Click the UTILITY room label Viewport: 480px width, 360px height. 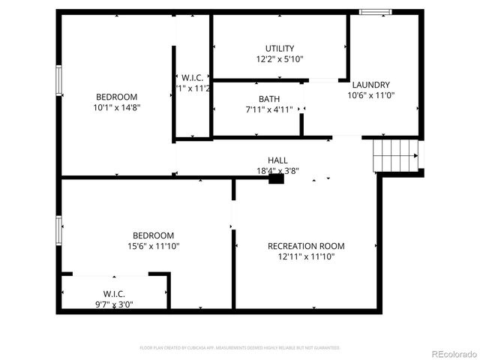click(x=280, y=49)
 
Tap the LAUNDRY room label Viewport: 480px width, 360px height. click(x=370, y=85)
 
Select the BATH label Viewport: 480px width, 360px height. click(x=269, y=99)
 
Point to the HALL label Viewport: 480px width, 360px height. click(x=277, y=160)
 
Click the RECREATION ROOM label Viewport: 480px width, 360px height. click(x=306, y=246)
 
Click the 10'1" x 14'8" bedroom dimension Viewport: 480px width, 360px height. click(x=116, y=107)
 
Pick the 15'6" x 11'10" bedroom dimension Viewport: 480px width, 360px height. click(x=154, y=246)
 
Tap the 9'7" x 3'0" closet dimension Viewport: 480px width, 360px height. click(x=114, y=304)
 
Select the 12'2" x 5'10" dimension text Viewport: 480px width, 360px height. click(x=280, y=58)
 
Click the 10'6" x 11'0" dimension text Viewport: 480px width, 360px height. click(x=370, y=95)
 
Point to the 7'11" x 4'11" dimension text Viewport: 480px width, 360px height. click(x=269, y=109)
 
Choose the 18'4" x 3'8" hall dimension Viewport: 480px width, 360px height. click(x=277, y=170)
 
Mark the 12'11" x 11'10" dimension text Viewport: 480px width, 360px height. click(x=306, y=256)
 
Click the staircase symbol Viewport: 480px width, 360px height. click(x=395, y=155)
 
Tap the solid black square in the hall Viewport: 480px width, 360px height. click(x=276, y=179)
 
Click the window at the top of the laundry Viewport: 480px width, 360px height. click(x=376, y=11)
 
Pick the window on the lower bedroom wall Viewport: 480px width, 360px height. click(x=58, y=229)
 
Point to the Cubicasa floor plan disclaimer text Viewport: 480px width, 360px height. click(x=240, y=348)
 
